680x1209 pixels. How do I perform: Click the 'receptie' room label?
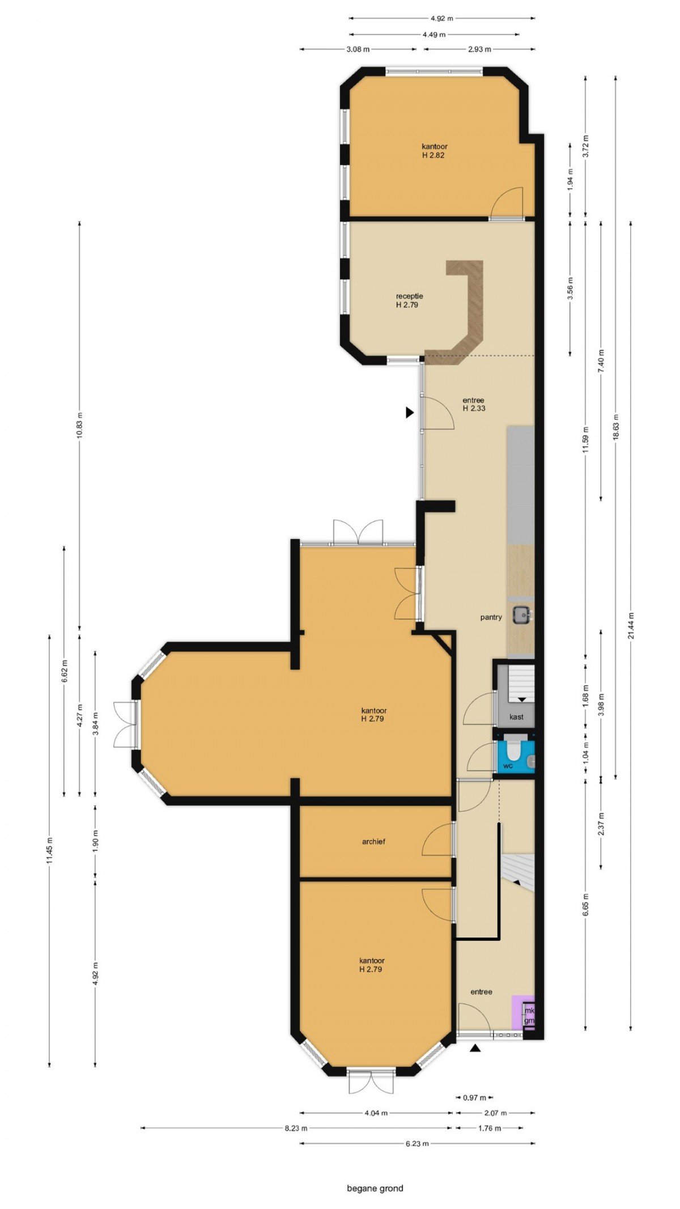point(409,296)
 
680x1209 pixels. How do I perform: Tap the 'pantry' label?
point(491,617)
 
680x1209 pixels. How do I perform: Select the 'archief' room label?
point(373,842)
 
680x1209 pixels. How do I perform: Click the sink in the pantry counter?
point(521,615)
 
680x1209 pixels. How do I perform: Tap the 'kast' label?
point(516,717)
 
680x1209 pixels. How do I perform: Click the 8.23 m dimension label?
point(295,1128)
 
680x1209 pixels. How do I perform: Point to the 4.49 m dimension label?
point(434,35)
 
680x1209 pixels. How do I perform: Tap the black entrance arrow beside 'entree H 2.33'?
point(410,413)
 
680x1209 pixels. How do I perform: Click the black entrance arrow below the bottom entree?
point(475,1049)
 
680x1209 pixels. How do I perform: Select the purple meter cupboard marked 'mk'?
point(523,1013)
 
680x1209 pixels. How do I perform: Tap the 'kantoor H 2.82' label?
point(434,151)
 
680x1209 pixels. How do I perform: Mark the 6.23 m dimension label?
point(417,1143)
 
